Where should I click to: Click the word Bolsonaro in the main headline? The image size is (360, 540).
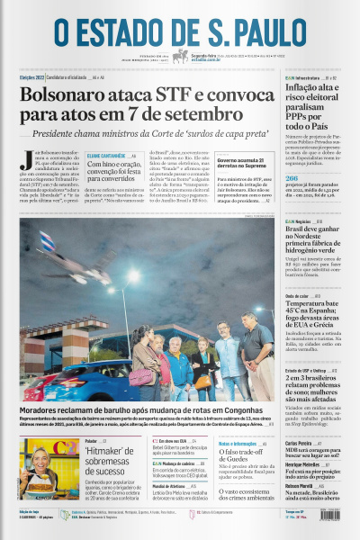coord(71,94)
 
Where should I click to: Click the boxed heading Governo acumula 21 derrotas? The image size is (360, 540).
coord(242,164)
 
